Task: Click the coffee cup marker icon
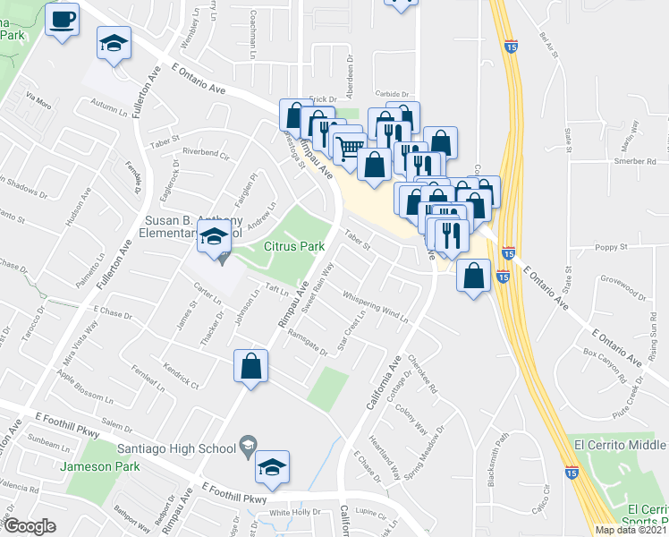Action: [x=63, y=20]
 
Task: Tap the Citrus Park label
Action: [x=293, y=245]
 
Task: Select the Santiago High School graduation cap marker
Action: [x=273, y=467]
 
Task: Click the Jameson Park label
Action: [x=98, y=466]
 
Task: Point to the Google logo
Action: [x=29, y=526]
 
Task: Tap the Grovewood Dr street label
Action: [x=622, y=291]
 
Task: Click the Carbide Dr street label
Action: [x=391, y=93]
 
